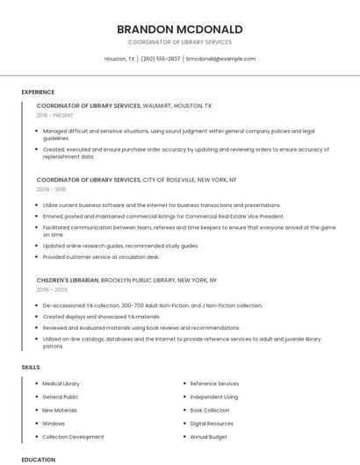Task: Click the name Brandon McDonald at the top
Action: [x=179, y=29]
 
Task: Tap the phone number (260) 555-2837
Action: [x=161, y=59]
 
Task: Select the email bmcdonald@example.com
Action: [x=221, y=59]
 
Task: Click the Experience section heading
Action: [x=38, y=92]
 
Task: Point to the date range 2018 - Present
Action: [x=55, y=115]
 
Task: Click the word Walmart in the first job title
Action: [x=157, y=105]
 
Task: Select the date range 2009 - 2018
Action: [x=51, y=189]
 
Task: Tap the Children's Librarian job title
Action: [x=68, y=280]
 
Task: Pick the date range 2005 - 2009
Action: [x=52, y=289]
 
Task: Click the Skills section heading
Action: [x=31, y=367]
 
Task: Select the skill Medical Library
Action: [x=61, y=383]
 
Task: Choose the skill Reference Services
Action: [x=214, y=383]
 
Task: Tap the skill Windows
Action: [x=54, y=423]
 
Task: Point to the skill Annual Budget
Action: [x=209, y=436]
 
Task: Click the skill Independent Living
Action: [x=214, y=397]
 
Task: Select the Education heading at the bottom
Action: [x=38, y=459]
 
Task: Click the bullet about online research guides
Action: [x=120, y=246]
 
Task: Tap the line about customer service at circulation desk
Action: [x=101, y=257]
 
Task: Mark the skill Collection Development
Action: [x=73, y=436]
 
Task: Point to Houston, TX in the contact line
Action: [x=119, y=59]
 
